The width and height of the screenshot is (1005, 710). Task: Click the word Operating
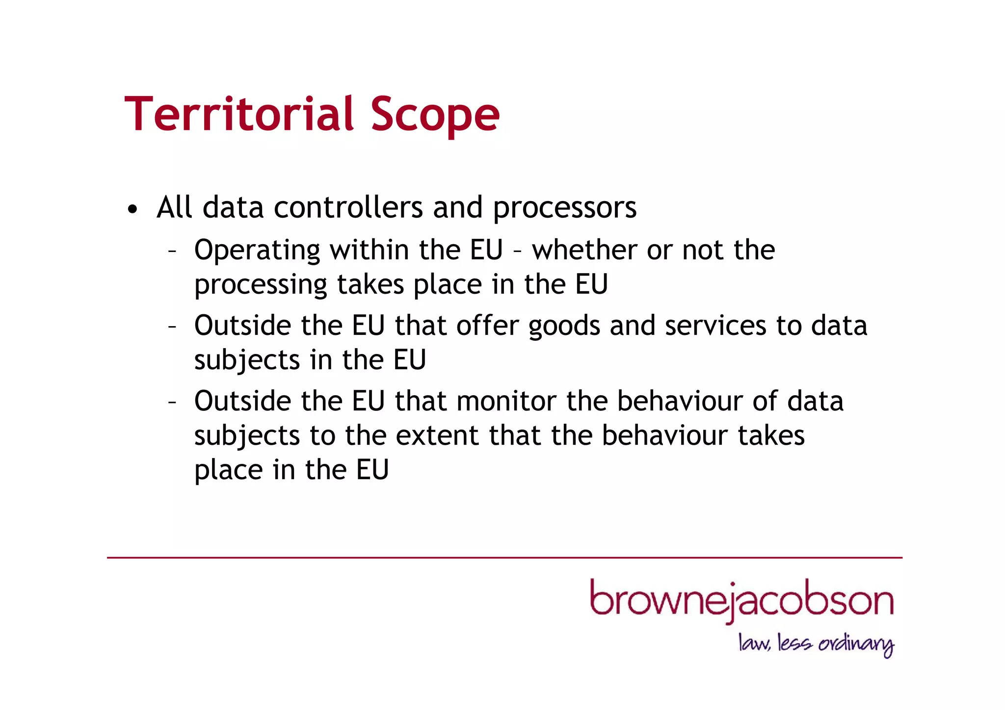[x=257, y=251]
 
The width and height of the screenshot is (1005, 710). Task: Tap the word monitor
[x=506, y=401]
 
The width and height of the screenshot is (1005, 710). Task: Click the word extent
[x=437, y=435]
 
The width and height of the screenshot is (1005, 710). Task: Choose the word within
[x=369, y=250]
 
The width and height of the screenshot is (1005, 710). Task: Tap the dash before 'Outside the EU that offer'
[x=172, y=327]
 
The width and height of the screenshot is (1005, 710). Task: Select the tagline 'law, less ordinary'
[x=816, y=644]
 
